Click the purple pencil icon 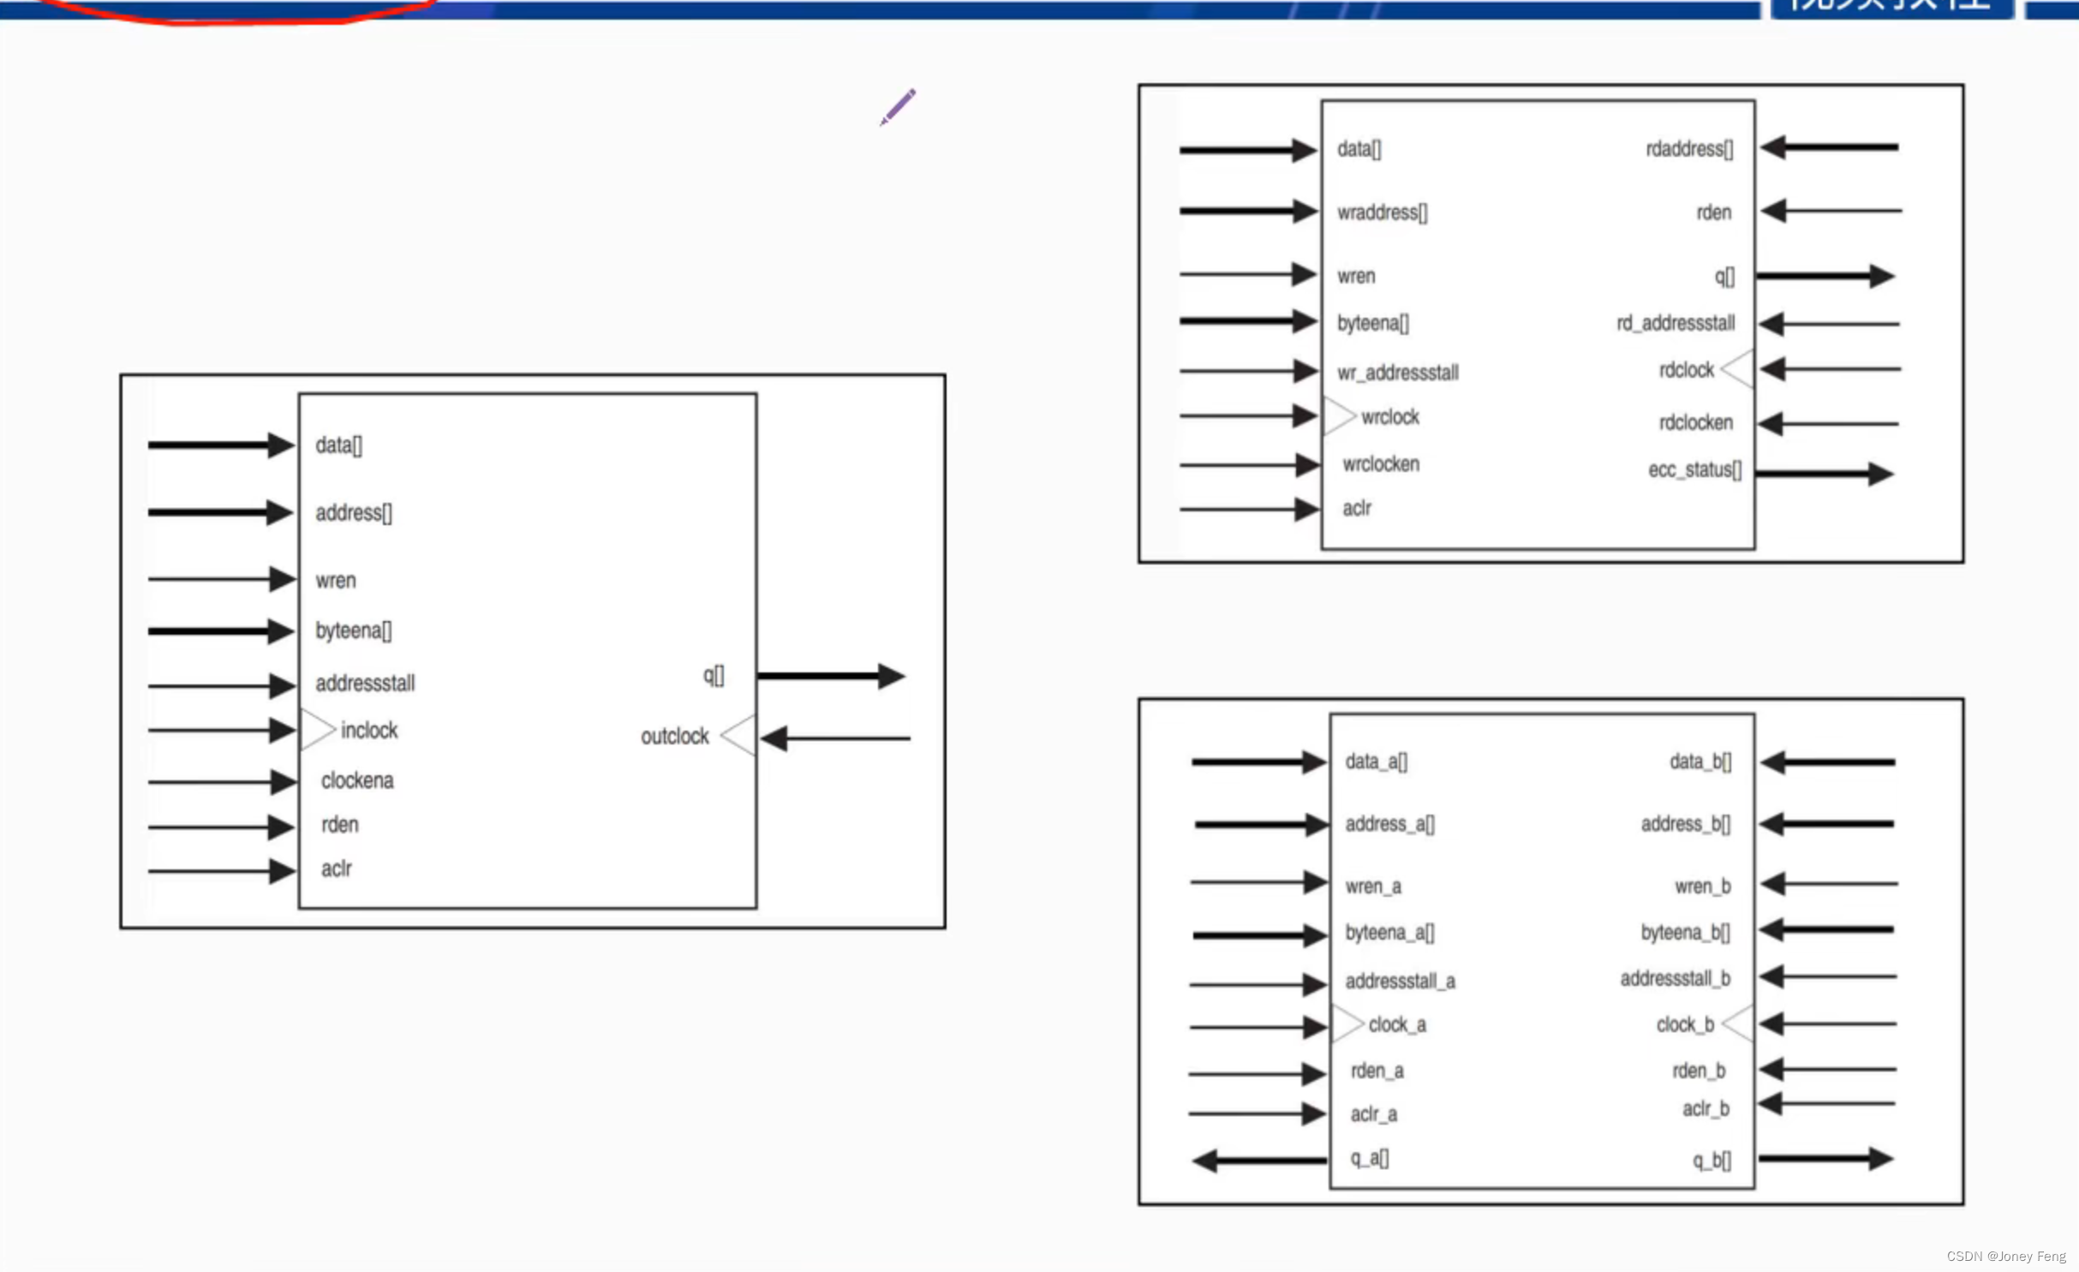(898, 107)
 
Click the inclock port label (369, 730)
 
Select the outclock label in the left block (674, 736)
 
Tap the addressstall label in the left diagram (365, 683)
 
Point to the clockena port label (357, 780)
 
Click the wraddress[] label (1382, 212)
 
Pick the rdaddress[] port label (1688, 149)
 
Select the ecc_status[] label (1694, 469)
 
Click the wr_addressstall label (1397, 373)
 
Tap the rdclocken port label (1695, 422)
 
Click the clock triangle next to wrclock (1338, 416)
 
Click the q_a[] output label (1369, 1158)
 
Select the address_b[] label (1685, 823)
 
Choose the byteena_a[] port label (1389, 932)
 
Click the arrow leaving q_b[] (1825, 1159)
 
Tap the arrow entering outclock (834, 738)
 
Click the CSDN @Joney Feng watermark (2005, 1256)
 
